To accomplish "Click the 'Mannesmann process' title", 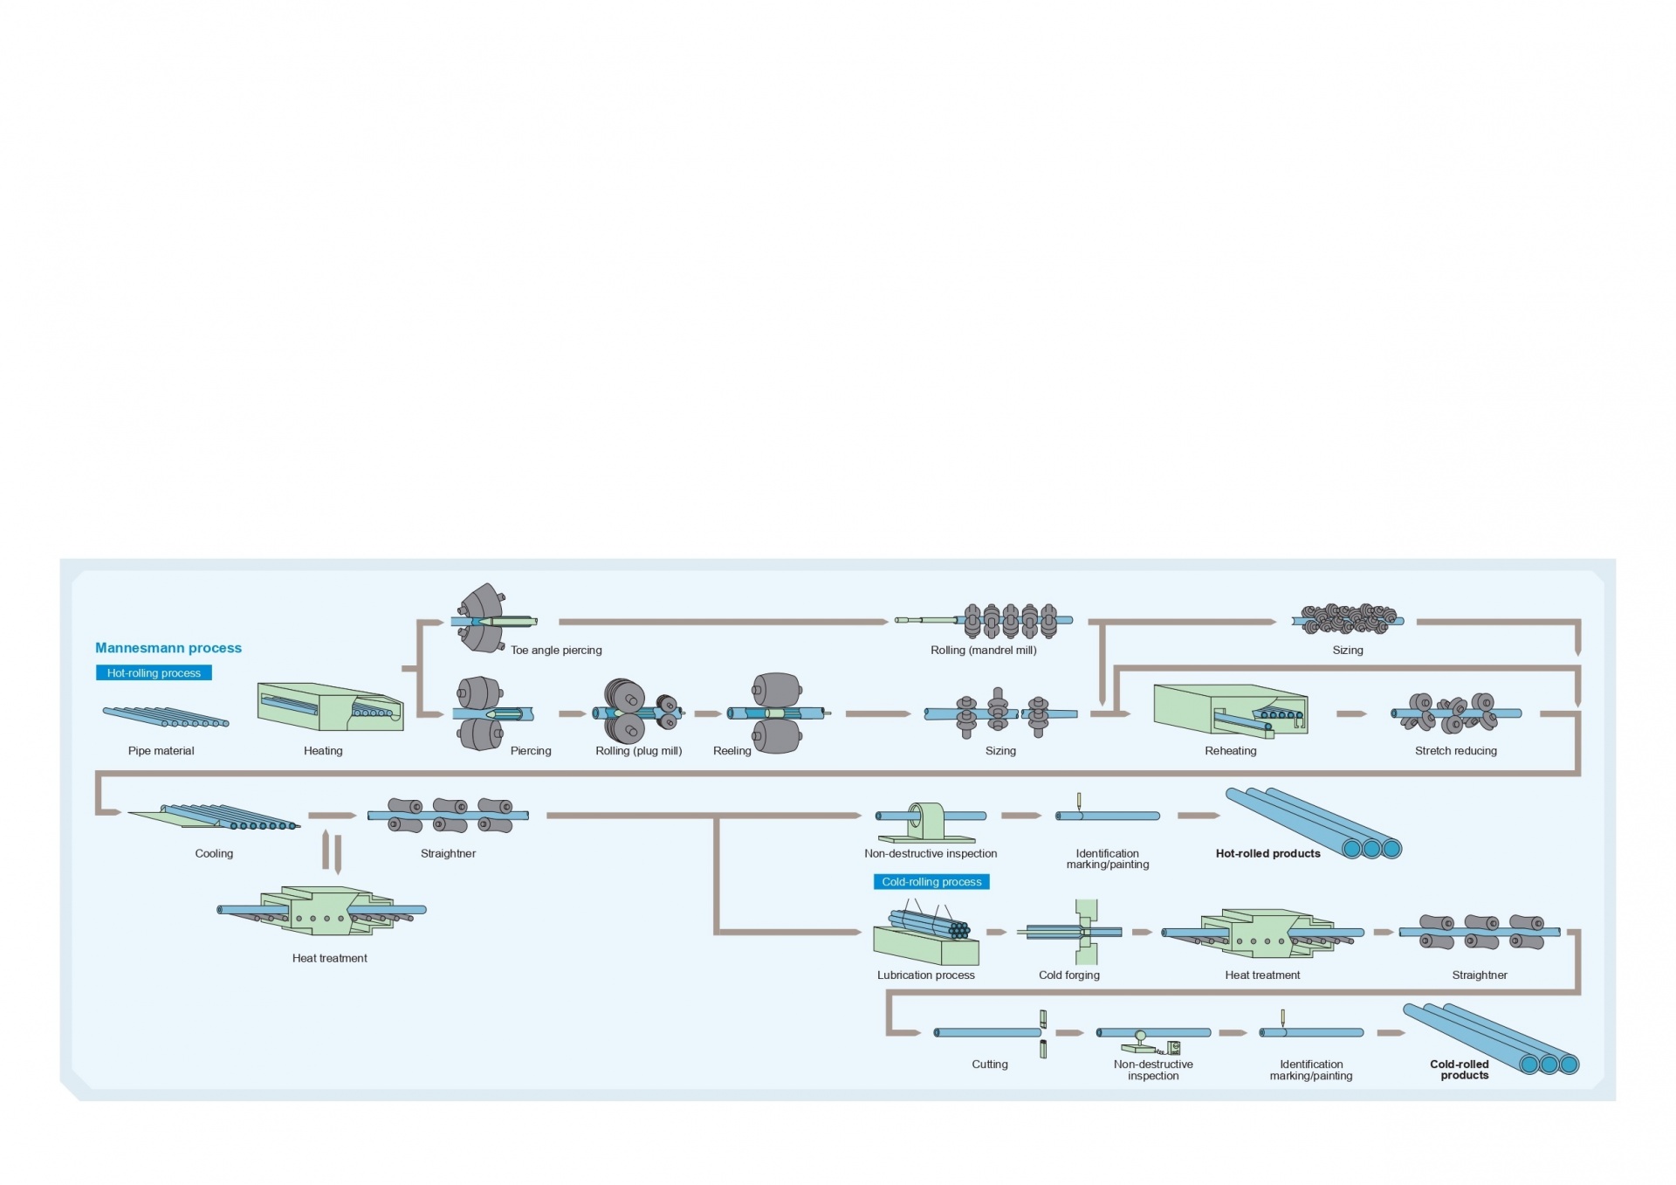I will click(168, 648).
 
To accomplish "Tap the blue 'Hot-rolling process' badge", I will click(154, 673).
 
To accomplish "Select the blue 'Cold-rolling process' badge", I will click(931, 882).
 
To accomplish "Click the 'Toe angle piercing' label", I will click(556, 651).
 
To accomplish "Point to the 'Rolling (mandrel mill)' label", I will click(983, 651).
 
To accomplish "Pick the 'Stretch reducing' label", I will click(1455, 751).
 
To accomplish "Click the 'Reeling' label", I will click(732, 751).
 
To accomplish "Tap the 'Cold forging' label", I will click(1068, 975).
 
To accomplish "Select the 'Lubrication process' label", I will click(925, 975).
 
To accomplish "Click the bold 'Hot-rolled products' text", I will click(1267, 854).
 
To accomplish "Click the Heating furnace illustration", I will click(330, 707).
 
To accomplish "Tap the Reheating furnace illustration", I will click(1230, 709).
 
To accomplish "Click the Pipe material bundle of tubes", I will click(165, 717).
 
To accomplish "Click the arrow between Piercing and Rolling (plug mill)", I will click(572, 714).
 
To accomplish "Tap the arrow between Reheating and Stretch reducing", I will click(1350, 714).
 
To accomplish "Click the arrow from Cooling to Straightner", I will click(332, 816).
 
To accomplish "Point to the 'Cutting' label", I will click(989, 1064).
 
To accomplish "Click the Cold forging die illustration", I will click(1085, 932).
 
